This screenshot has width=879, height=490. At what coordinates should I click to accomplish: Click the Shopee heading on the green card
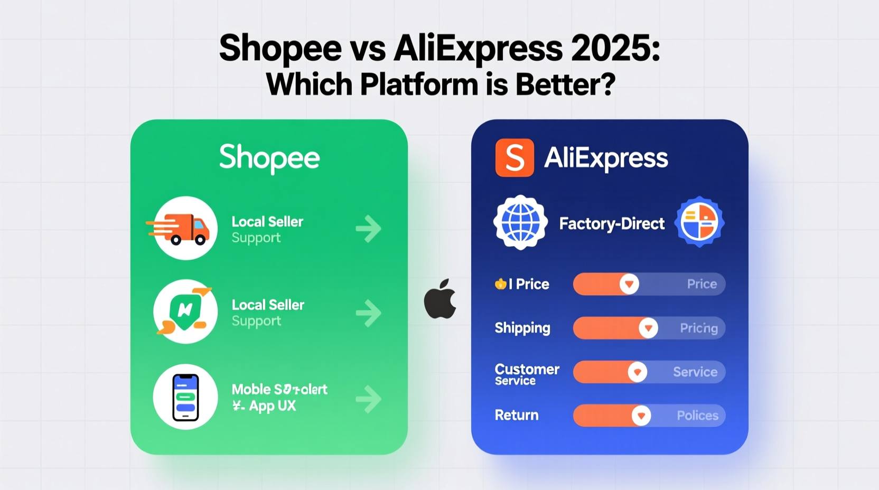(269, 158)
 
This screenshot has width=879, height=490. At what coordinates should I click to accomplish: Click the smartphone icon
(185, 397)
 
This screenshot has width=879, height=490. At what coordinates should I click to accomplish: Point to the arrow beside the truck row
(368, 229)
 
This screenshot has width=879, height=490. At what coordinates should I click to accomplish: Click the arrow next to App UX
(368, 399)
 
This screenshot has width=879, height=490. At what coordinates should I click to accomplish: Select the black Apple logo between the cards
(440, 299)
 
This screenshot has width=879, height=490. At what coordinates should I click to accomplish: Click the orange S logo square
(515, 158)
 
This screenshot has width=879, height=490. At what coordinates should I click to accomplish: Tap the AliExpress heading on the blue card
(606, 158)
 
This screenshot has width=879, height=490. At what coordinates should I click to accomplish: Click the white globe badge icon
(520, 222)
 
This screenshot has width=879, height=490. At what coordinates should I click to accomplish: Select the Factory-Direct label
(612, 224)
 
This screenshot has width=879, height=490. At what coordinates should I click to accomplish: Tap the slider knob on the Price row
(629, 284)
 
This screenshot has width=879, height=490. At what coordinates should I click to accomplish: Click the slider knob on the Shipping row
(648, 328)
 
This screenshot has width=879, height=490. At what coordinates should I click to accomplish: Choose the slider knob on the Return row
(641, 416)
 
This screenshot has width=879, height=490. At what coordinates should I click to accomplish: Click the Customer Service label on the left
(526, 374)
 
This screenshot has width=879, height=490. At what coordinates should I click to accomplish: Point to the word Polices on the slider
(697, 416)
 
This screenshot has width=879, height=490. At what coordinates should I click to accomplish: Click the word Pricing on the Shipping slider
(698, 328)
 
